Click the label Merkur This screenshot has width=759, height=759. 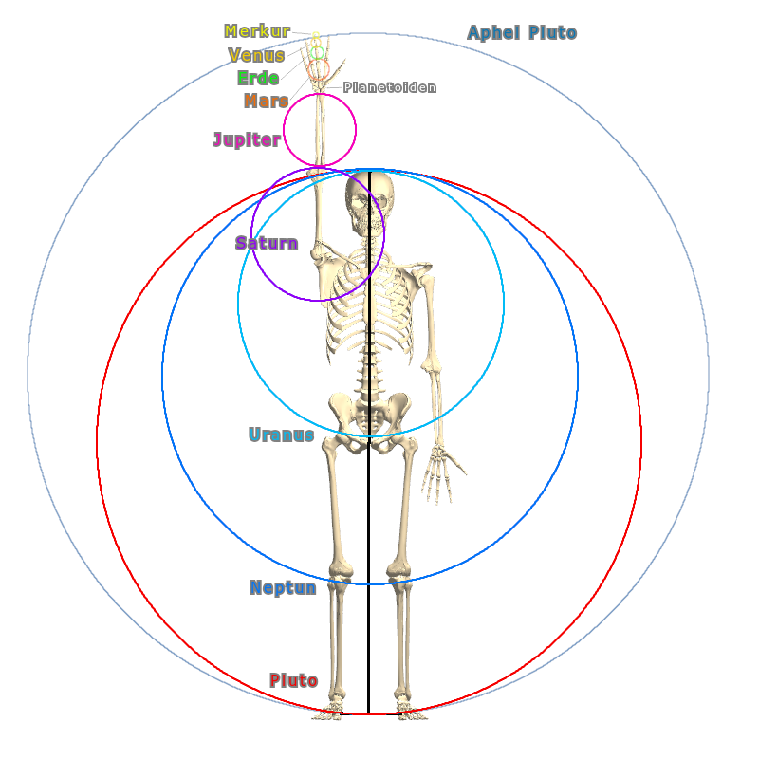[x=257, y=32]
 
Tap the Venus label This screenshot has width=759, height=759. [x=256, y=55]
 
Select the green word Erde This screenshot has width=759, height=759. [x=258, y=78]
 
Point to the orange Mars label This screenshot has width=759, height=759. [x=266, y=101]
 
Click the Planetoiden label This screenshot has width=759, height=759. [x=390, y=87]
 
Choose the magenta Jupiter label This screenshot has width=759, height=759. [x=247, y=140]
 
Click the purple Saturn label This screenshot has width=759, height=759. [x=267, y=244]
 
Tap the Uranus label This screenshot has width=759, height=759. [x=281, y=435]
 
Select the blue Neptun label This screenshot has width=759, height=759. [x=283, y=587]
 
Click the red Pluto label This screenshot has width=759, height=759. [x=293, y=680]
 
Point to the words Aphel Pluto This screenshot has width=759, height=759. [x=522, y=33]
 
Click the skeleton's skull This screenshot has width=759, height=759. [x=367, y=201]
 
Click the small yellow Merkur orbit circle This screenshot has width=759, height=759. [x=316, y=37]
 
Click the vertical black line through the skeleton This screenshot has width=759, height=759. [x=369, y=569]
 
